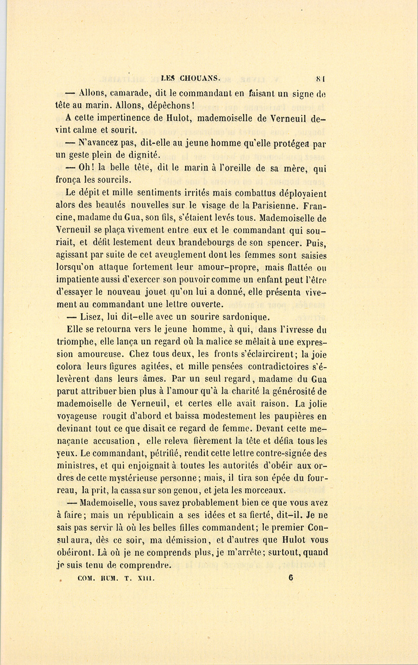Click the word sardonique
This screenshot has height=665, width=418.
239,318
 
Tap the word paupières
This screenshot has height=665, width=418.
293,416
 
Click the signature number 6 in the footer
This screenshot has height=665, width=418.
290,579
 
